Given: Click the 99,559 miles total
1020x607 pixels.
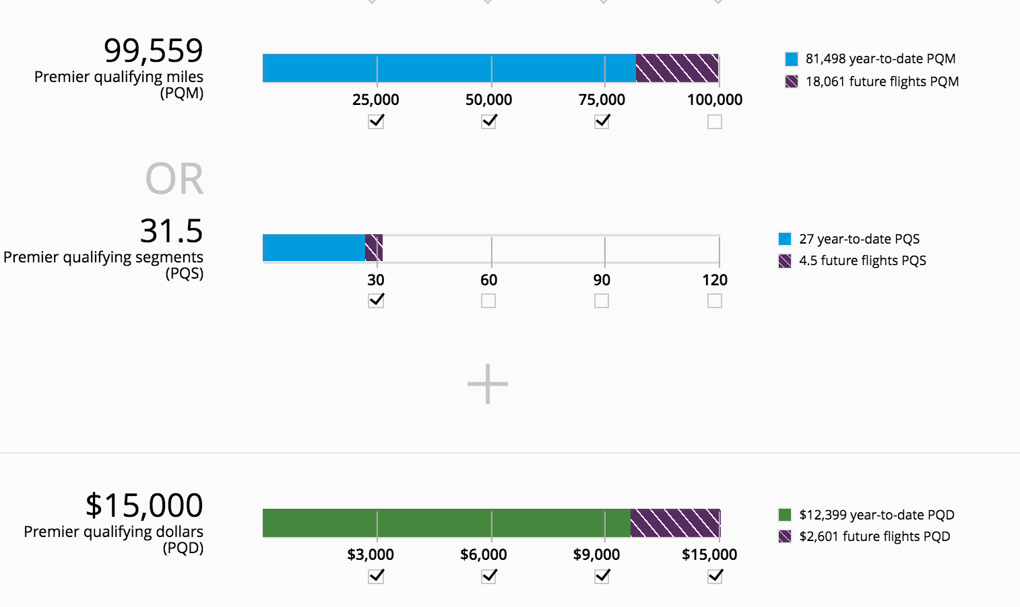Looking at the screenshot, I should click(x=153, y=50).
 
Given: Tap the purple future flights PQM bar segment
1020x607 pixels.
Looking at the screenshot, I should click(x=676, y=68).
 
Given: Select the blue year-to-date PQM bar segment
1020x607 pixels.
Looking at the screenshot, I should click(x=449, y=68).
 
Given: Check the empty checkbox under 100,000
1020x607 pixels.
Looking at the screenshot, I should click(x=715, y=122).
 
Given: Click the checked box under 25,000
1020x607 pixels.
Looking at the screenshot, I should click(x=376, y=122).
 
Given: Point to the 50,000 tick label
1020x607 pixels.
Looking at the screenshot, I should click(x=489, y=100).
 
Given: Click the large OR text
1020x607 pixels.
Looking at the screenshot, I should click(x=174, y=179).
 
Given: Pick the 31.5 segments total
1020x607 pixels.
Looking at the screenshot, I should click(x=171, y=231).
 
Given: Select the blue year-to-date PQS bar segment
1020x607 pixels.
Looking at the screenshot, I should click(x=313, y=248).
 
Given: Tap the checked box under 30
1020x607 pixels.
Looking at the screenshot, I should click(x=376, y=300).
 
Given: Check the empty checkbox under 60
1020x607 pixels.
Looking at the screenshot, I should click(x=488, y=301).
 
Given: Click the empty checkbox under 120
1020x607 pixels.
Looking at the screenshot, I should click(x=715, y=301).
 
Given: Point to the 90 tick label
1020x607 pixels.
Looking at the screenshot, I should click(x=602, y=280).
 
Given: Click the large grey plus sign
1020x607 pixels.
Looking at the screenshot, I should click(x=488, y=384).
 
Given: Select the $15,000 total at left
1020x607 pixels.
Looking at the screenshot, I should click(x=144, y=505).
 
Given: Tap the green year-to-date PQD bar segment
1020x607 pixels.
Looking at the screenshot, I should click(x=446, y=523).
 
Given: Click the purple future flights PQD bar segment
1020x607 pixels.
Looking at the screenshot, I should click(x=675, y=523).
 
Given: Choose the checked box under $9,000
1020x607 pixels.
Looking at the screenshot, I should click(x=602, y=576).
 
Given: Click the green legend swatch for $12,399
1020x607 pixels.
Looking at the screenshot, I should click(x=785, y=515).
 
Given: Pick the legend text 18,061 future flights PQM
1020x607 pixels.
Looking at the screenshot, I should click(x=882, y=81).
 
